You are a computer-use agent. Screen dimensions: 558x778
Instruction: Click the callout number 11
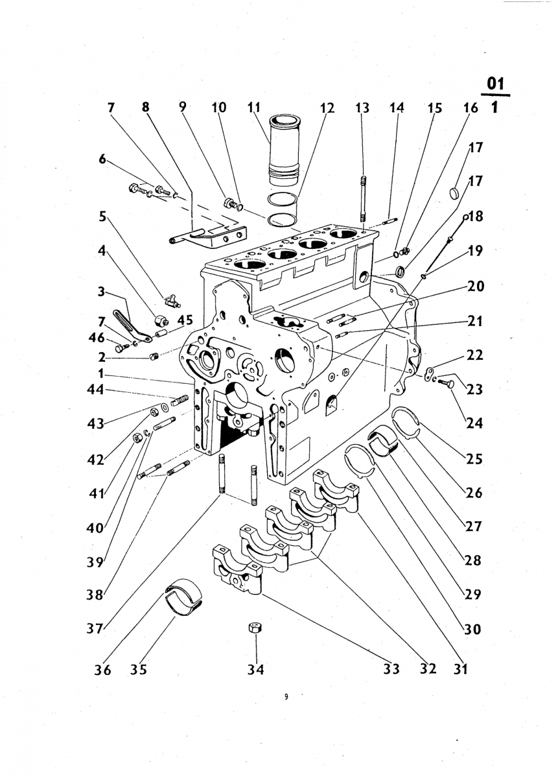[x=254, y=108]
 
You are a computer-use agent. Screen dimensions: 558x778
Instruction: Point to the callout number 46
[x=95, y=337]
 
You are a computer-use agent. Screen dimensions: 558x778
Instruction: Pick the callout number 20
[x=475, y=287]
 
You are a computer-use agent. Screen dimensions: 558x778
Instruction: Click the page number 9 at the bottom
[x=286, y=706]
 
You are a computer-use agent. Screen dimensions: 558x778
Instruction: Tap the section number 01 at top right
[x=496, y=84]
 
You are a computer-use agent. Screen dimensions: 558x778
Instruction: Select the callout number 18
[x=475, y=217]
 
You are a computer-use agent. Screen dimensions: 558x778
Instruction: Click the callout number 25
[x=474, y=459]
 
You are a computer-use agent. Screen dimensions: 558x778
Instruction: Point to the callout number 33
[x=391, y=668]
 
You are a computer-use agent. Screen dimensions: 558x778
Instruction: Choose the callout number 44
[x=95, y=390]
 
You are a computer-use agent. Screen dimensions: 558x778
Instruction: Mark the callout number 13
[x=362, y=108]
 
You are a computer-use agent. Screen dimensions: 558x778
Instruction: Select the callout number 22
[x=474, y=355]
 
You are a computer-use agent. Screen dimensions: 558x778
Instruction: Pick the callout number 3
[x=101, y=291]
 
